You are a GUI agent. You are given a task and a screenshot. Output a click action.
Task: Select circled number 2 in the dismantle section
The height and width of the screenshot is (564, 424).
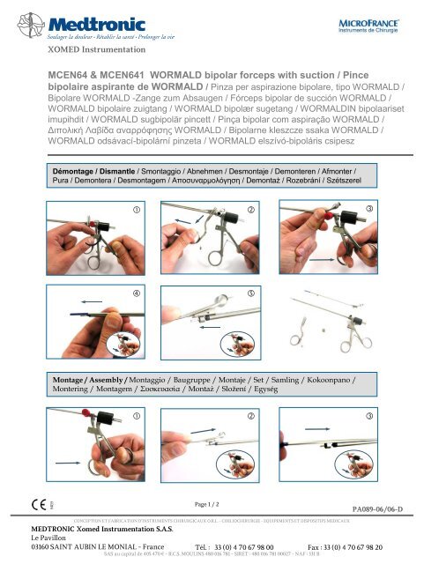point(251,208)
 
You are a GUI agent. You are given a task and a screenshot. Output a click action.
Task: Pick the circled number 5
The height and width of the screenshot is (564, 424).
point(251,292)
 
